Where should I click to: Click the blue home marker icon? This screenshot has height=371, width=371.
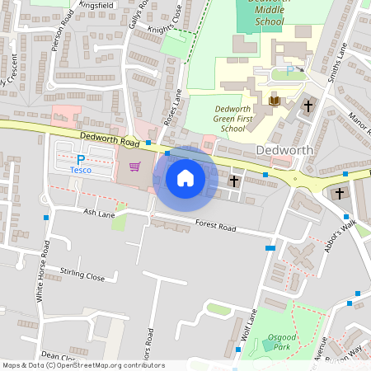click(185, 178)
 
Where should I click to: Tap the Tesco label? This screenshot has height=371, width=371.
click(80, 170)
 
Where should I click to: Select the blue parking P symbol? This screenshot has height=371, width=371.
click(81, 159)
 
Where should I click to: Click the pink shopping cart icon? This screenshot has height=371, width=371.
click(134, 166)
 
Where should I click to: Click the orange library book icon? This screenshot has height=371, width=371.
click(275, 101)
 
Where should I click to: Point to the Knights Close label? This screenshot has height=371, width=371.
click(167, 27)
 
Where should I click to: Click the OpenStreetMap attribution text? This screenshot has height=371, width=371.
click(82, 365)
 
